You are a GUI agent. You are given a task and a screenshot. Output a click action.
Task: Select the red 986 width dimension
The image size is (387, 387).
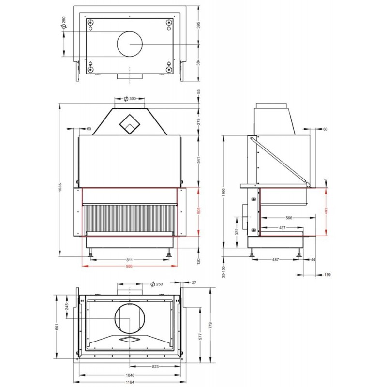click(x=129, y=266)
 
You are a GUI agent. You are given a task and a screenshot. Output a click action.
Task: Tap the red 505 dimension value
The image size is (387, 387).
click(x=199, y=210)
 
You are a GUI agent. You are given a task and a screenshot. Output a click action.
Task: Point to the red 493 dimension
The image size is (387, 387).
click(x=326, y=211)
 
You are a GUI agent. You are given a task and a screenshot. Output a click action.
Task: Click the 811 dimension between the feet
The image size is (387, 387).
click(x=130, y=260)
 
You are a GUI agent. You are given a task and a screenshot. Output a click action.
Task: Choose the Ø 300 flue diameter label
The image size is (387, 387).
click(x=130, y=99)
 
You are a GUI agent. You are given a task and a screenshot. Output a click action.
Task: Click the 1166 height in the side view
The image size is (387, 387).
click(x=223, y=192)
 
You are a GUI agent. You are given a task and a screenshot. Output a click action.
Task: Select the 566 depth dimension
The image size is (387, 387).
click(x=289, y=218)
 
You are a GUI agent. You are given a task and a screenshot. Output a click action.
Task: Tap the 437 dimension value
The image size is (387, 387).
click(x=283, y=227)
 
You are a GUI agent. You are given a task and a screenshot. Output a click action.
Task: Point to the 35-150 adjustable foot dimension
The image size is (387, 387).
click(x=223, y=272)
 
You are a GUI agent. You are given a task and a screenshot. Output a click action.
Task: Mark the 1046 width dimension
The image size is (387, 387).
click(x=130, y=375)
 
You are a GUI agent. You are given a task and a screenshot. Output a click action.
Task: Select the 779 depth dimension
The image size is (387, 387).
click(x=210, y=325)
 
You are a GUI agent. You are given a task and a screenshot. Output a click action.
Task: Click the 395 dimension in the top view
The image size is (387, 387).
click(x=199, y=25)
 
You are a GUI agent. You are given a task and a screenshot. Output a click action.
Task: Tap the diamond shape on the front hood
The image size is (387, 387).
click(x=130, y=124)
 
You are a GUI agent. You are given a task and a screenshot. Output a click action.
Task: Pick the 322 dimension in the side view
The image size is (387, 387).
click(x=237, y=232)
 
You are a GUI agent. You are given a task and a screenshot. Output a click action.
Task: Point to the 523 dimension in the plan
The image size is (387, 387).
click(x=155, y=367)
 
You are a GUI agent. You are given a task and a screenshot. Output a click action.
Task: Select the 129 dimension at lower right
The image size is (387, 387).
click(x=327, y=275)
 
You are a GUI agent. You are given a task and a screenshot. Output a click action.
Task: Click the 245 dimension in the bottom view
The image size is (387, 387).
click(x=67, y=306)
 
